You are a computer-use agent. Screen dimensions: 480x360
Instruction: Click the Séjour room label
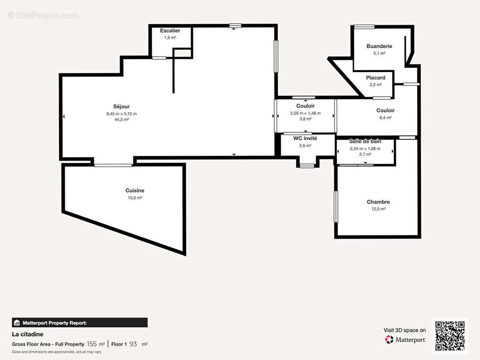tap(122, 107)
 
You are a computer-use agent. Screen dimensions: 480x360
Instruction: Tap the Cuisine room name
tap(135, 190)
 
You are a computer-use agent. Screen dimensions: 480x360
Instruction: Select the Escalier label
tap(170, 31)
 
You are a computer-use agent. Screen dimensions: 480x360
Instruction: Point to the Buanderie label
tap(379, 46)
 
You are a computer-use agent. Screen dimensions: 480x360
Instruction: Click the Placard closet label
tap(376, 78)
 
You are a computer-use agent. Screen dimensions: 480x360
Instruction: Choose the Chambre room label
tap(378, 202)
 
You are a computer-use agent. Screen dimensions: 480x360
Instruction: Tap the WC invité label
tap(305, 138)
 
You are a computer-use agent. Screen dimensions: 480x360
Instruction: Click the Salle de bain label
tap(365, 141)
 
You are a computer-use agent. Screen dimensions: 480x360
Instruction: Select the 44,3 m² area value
tap(122, 120)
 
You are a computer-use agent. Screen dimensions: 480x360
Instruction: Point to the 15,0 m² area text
tap(135, 198)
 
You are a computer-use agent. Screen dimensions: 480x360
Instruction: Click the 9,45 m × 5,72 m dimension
tap(122, 114)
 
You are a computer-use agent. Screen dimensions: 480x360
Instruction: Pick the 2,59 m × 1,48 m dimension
tap(305, 113)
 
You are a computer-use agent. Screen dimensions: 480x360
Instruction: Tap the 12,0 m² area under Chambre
tap(378, 209)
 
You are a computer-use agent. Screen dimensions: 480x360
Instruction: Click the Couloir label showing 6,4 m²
tap(385, 110)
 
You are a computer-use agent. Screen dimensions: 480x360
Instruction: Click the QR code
tap(450, 336)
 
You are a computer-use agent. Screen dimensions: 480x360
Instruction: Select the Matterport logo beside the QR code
tap(405, 340)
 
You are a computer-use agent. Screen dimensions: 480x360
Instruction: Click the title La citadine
tap(27, 334)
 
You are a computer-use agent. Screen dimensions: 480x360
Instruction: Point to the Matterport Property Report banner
tap(80, 323)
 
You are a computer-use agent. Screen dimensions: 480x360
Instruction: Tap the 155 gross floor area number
tap(92, 344)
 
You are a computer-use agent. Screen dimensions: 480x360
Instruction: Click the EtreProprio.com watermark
tap(43, 15)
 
